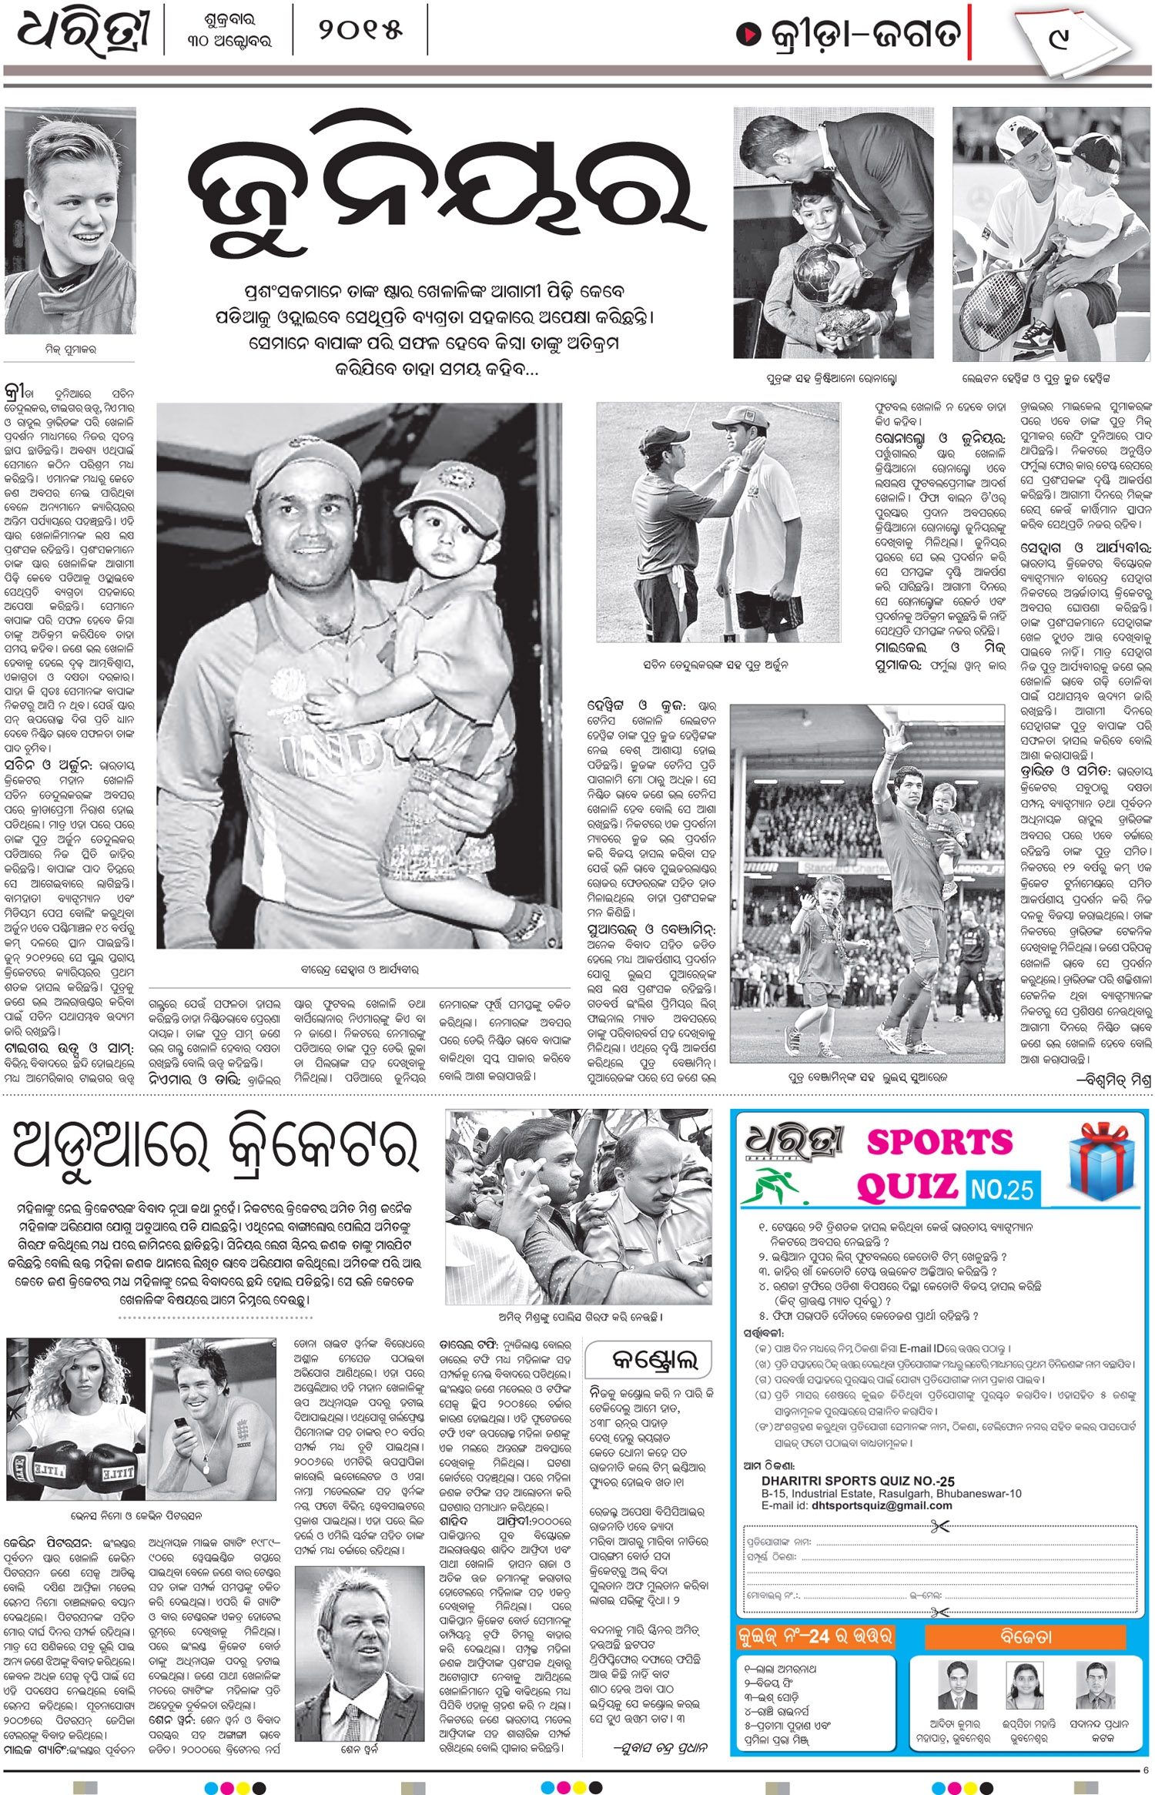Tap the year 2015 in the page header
(360, 31)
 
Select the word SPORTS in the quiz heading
(939, 1143)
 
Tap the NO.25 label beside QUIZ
(1002, 1190)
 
